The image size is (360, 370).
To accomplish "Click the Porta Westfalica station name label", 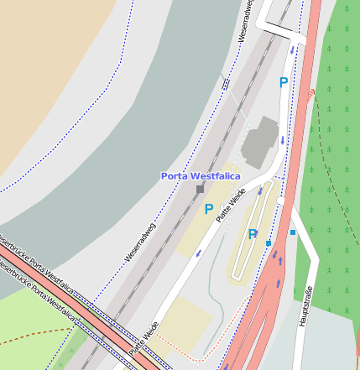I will [x=201, y=176].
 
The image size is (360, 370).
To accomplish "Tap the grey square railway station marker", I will [x=200, y=190].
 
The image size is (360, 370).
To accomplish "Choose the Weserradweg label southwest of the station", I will [x=140, y=242].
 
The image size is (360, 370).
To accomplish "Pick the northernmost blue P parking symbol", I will [x=284, y=83].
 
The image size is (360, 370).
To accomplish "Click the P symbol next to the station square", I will [x=208, y=210].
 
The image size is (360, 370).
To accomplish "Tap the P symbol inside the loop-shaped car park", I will [x=252, y=235].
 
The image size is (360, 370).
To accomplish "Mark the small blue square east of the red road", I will [x=293, y=232].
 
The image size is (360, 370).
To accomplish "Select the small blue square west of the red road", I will [x=269, y=243].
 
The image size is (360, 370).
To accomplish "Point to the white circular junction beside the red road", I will [x=282, y=201].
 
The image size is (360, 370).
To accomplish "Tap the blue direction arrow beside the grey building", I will [x=283, y=141].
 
